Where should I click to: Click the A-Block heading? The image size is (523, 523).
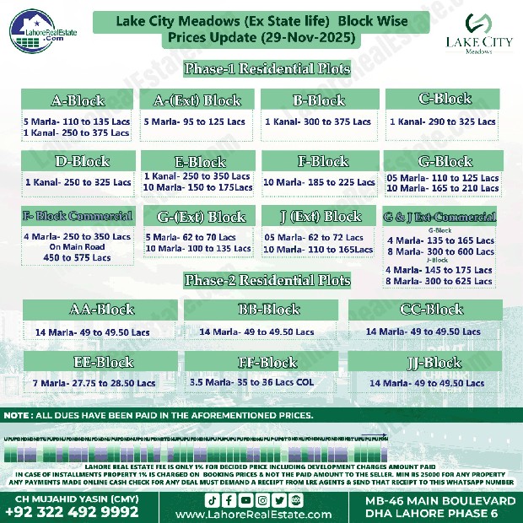(78, 101)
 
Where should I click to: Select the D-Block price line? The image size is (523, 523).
(78, 182)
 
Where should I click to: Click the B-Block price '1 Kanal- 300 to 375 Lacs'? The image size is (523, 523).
(318, 122)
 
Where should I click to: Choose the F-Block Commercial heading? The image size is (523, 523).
(78, 216)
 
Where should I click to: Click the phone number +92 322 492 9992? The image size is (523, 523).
(65, 510)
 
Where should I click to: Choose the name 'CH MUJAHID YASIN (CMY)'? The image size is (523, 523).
(65, 497)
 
